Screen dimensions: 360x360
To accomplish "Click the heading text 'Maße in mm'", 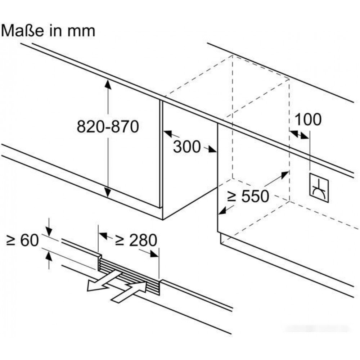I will (48, 31).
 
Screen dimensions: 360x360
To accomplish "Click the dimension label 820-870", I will (108, 127).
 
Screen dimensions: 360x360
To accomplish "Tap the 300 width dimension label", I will (187, 147).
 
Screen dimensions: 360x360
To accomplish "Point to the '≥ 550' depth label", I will (248, 196).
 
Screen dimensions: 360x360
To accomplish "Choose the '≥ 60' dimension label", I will (22, 240).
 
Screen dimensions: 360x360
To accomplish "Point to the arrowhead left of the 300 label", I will (167, 133).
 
